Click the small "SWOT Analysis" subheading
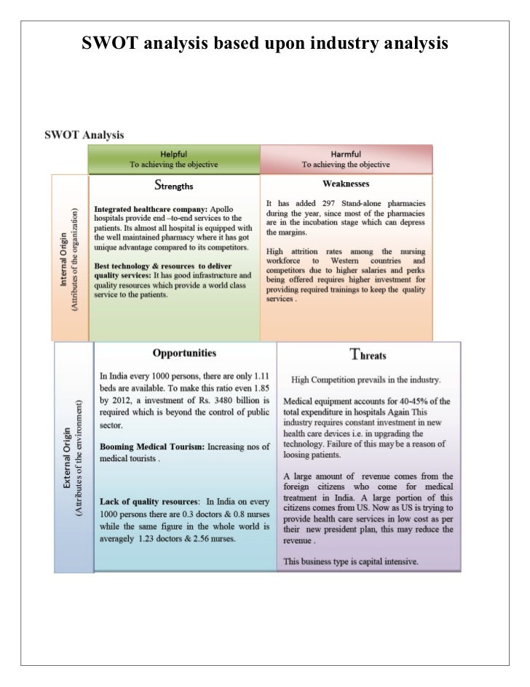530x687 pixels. point(84,135)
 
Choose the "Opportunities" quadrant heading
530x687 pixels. point(183,353)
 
